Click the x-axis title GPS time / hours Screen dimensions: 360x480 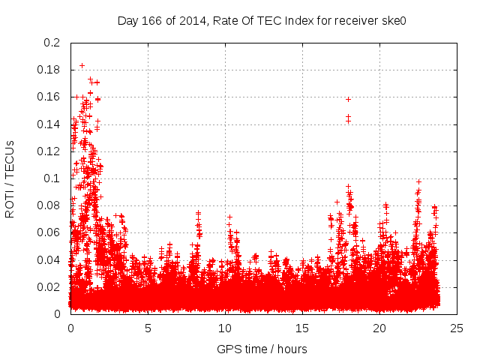click(262, 349)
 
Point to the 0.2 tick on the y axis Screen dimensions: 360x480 click(52, 43)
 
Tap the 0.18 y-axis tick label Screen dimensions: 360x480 click(49, 70)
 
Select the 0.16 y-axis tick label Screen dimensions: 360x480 click(49, 97)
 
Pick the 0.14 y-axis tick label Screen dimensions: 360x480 click(49, 124)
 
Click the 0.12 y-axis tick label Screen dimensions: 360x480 click(49, 151)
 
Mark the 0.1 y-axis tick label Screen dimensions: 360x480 click(52, 178)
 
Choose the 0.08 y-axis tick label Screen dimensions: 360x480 click(49, 205)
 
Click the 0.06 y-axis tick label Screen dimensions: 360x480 click(49, 232)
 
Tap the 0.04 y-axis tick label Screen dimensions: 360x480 click(49, 259)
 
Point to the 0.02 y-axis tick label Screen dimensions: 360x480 click(49, 286)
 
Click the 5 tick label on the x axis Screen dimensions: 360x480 click(148, 328)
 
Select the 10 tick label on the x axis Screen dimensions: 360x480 click(225, 328)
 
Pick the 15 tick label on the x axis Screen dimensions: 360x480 click(302, 328)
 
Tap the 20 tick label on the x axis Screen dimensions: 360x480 click(379, 328)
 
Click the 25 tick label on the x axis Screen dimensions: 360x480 click(457, 328)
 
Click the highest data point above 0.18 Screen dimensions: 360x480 click(82, 65)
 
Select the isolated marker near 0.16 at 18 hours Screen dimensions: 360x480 click(348, 99)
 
